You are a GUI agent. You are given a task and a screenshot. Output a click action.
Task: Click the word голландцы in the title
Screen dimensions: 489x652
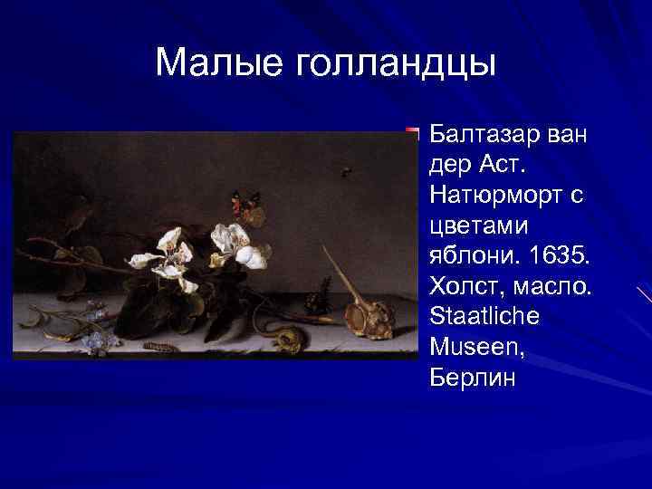pyautogui.click(x=391, y=64)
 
